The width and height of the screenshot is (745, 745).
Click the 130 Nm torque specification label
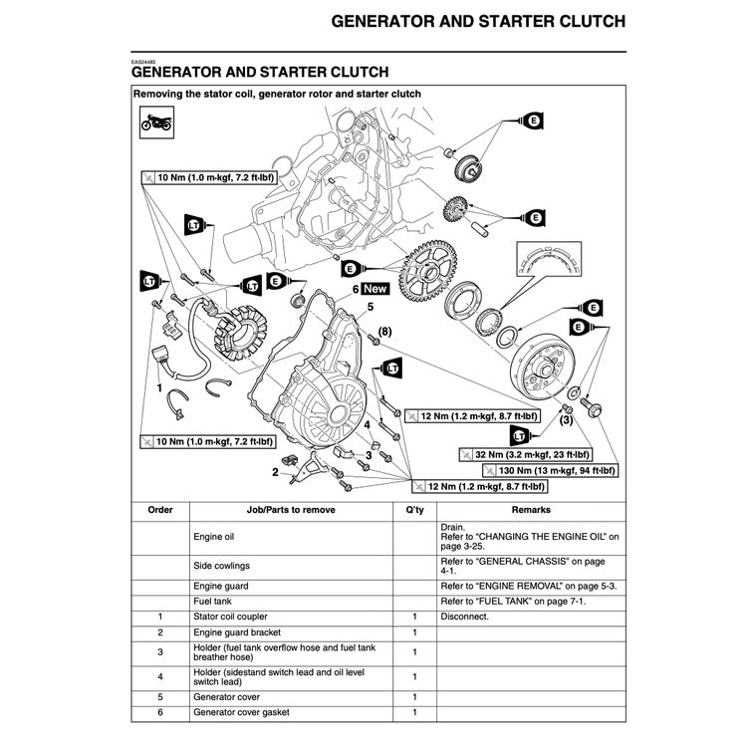coord(542,470)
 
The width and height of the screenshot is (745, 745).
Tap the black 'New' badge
coord(375,289)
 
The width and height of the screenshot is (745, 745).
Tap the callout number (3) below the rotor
coord(565,420)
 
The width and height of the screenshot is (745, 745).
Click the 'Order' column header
coord(159,509)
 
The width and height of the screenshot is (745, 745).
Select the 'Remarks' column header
coord(531,509)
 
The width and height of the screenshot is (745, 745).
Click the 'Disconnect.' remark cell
coord(464,617)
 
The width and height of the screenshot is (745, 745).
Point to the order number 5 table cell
coord(159,696)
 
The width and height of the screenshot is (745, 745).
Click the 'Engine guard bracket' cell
coord(237,632)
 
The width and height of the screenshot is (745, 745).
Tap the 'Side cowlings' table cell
coord(221,565)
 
